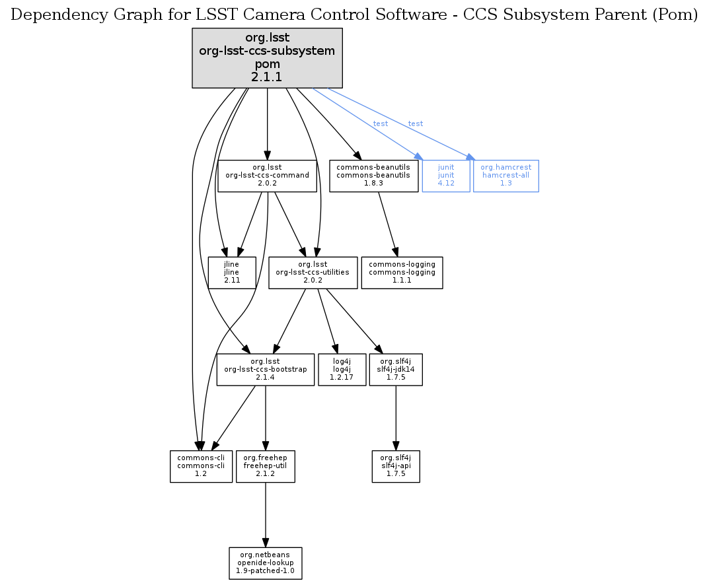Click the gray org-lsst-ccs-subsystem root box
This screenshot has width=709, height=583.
(x=267, y=58)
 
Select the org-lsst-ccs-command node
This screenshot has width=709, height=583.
(x=267, y=176)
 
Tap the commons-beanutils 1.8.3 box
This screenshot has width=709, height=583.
(x=373, y=176)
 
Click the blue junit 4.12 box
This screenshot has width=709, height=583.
(x=446, y=176)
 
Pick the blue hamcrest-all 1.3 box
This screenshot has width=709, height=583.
(x=505, y=176)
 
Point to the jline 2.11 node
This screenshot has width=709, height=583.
(x=231, y=272)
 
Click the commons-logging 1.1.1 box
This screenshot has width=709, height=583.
(x=401, y=272)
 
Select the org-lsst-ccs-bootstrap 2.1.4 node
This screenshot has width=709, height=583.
(x=266, y=370)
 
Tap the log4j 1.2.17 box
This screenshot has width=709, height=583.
(x=342, y=370)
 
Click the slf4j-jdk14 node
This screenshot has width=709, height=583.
(x=395, y=370)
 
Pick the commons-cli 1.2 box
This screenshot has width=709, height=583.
(x=201, y=466)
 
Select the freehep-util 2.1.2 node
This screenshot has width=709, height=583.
(x=265, y=466)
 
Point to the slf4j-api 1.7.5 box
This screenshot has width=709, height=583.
(x=395, y=466)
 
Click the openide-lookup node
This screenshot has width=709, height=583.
(x=265, y=563)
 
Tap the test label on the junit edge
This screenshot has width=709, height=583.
(x=381, y=124)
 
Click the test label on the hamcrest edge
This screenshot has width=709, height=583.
(x=416, y=124)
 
